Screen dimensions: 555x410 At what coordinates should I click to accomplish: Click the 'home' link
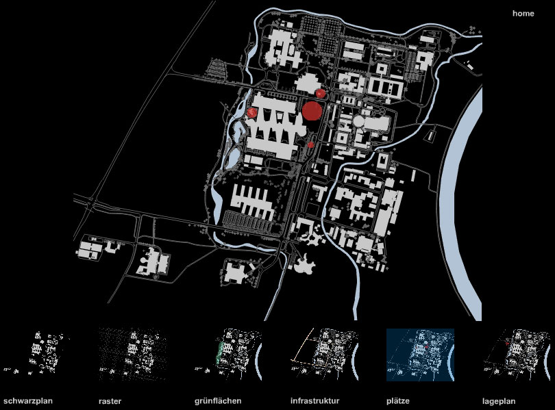(x=523, y=14)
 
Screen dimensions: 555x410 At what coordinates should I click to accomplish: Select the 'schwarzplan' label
(x=28, y=401)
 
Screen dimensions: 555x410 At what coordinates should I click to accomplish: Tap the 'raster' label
(x=110, y=401)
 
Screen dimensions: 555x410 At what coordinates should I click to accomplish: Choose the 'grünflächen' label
(x=218, y=401)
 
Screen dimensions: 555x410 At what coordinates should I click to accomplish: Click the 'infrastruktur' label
(x=314, y=401)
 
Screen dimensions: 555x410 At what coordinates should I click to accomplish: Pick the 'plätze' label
(x=398, y=401)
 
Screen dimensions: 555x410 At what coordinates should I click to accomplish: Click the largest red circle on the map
(x=312, y=111)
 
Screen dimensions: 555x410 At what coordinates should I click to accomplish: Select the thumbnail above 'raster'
(x=132, y=355)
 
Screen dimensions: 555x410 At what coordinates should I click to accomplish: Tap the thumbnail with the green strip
(x=228, y=355)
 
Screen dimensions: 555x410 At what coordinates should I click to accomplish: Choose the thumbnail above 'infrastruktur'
(x=325, y=355)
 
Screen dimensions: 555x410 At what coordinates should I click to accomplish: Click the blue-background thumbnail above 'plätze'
(x=420, y=355)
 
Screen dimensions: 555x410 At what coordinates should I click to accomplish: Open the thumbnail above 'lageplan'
(x=517, y=355)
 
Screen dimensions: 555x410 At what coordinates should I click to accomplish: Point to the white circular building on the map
(x=359, y=122)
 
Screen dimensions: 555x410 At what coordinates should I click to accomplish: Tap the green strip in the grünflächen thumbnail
(x=220, y=353)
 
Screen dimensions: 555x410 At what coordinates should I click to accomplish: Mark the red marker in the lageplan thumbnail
(x=507, y=343)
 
